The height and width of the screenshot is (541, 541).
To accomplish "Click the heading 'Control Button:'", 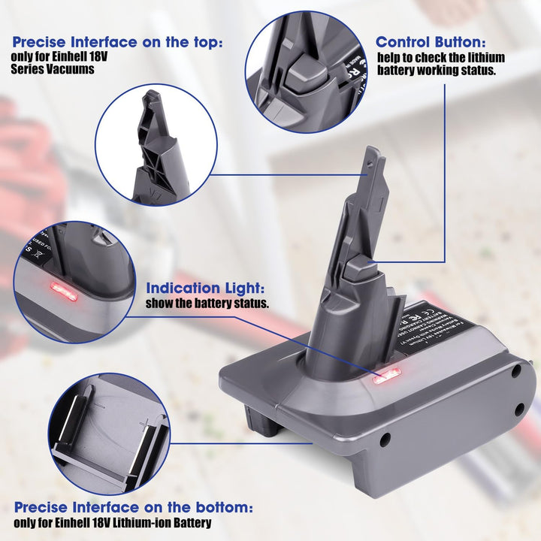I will click(x=431, y=42).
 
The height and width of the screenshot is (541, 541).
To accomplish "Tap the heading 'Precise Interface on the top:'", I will click(x=117, y=43).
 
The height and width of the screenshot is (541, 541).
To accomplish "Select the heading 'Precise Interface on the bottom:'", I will click(x=133, y=507).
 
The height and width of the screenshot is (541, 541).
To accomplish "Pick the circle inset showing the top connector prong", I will click(x=156, y=144).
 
